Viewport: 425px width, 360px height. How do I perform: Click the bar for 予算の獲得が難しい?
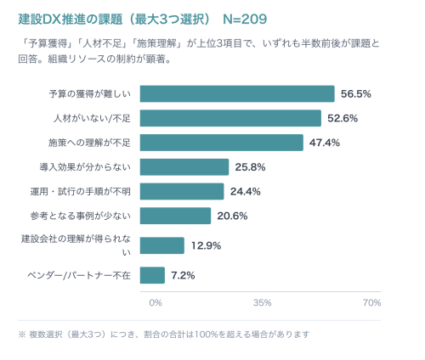pos(237,93)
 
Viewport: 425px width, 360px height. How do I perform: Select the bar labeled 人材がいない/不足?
pos(230,118)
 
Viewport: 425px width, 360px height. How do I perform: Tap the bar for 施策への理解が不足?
pos(222,143)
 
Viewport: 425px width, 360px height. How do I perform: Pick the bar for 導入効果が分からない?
pos(184,167)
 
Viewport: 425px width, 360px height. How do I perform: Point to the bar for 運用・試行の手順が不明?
pos(182,191)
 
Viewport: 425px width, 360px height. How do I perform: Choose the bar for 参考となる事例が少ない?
pos(175,216)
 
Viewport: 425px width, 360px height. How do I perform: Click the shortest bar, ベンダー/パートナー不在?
pos(152,275)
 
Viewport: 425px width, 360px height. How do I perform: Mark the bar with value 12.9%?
pos(162,245)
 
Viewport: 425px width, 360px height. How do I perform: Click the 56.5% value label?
pos(356,94)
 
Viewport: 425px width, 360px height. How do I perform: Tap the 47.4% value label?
pos(325,143)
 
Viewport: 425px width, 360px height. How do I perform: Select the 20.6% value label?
pos(232,216)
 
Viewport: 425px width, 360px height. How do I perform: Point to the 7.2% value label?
pos(183,275)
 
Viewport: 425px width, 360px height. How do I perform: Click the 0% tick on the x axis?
pos(156,303)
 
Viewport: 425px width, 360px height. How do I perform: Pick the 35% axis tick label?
pos(263,303)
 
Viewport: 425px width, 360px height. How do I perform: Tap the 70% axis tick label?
pos(372,303)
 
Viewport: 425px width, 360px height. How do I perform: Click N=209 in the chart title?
pos(245,20)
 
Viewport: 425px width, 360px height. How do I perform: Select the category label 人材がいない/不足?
pos(92,118)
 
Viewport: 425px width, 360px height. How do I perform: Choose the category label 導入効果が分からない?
pos(85,167)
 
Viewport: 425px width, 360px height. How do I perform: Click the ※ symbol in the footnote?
pos(22,335)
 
